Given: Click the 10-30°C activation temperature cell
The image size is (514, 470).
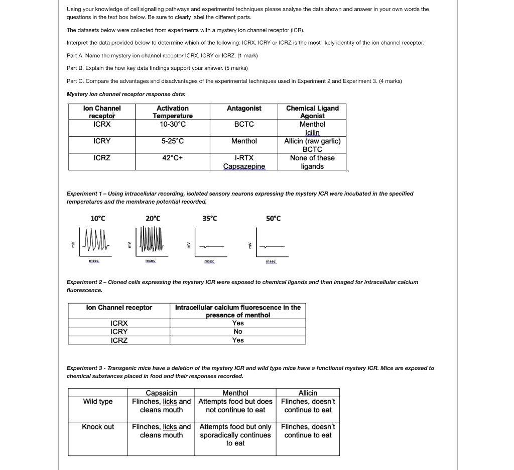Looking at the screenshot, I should click(x=173, y=124).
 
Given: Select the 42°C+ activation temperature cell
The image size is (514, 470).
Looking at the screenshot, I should click(x=173, y=158).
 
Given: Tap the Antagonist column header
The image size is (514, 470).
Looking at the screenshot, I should click(x=244, y=109).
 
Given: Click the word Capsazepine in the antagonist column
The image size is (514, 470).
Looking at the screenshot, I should click(x=244, y=166).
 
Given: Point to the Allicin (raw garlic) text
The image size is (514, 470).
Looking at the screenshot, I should click(x=312, y=141).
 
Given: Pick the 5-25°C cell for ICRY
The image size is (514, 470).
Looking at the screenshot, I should click(x=173, y=141).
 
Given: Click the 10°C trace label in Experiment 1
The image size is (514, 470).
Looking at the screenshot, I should click(x=98, y=218).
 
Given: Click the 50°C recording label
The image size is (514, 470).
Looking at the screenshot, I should click(x=274, y=218).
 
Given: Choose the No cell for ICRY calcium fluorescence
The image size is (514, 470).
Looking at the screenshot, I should click(x=238, y=332).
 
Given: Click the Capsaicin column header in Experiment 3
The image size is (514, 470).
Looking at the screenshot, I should click(x=161, y=393).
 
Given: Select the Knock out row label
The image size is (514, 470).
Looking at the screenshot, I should click(x=98, y=427).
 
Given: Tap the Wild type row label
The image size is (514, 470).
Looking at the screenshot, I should click(x=98, y=402).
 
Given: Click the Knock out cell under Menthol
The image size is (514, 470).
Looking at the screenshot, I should click(x=235, y=435).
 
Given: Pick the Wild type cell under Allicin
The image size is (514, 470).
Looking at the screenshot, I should click(x=308, y=406).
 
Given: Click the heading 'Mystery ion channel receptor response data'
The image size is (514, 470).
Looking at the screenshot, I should click(x=126, y=94).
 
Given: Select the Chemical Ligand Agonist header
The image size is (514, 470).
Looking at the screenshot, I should click(x=312, y=112).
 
